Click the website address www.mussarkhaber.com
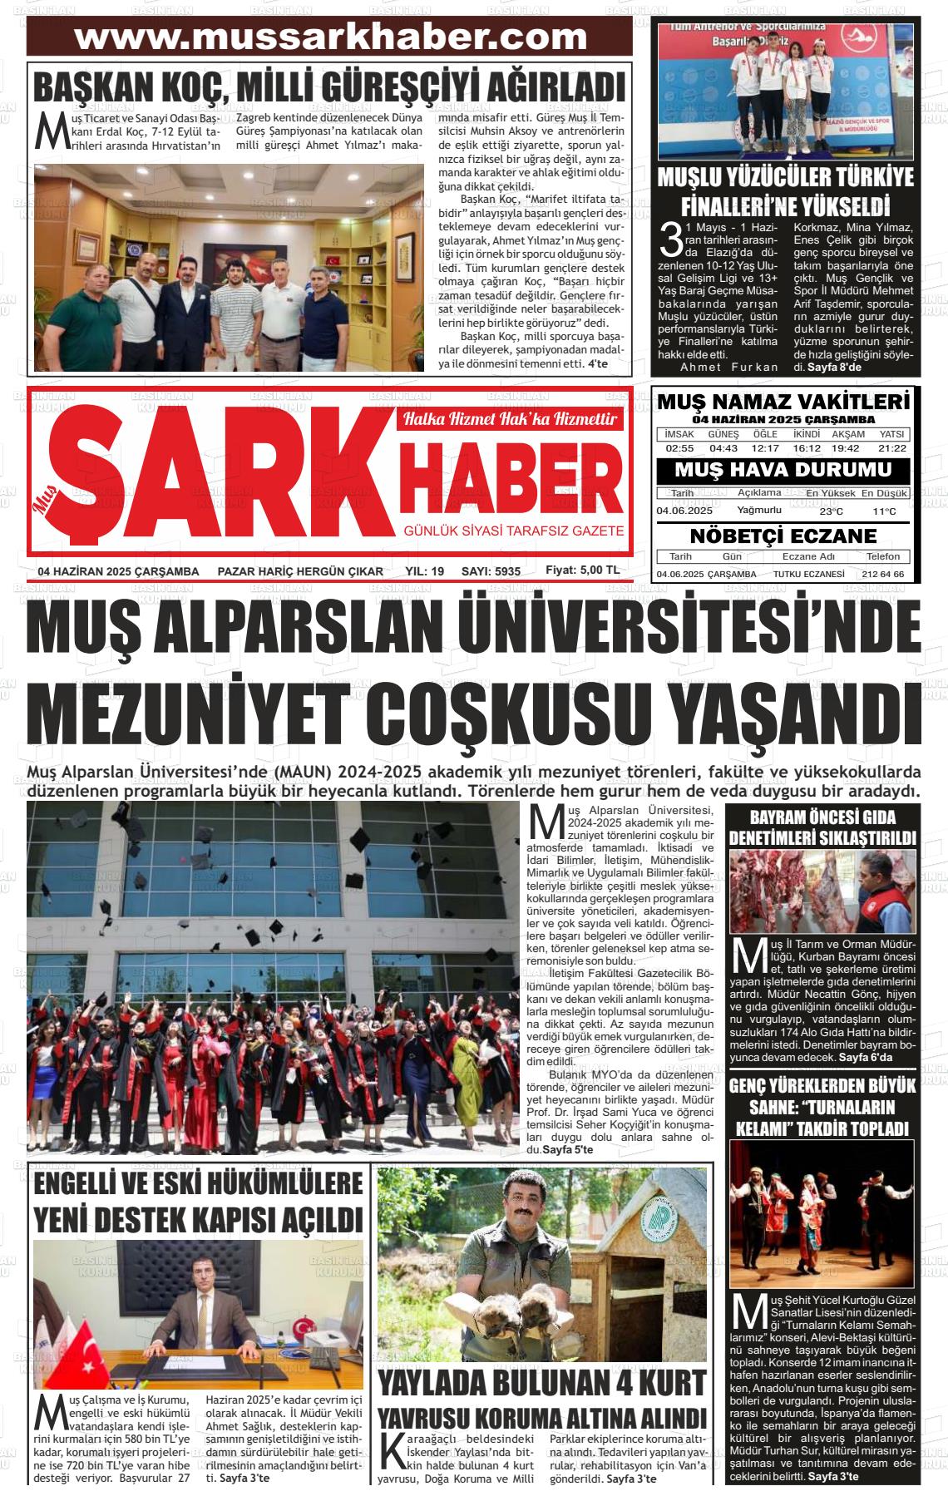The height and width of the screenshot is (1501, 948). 330,37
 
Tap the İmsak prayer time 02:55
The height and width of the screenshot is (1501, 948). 679,448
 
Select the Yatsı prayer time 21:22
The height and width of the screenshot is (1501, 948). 892,448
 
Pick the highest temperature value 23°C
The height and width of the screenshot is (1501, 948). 831,511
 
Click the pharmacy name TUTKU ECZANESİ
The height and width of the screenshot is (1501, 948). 808,575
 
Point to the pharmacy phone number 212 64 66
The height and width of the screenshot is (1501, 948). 883,575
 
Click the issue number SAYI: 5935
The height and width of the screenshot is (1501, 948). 491,571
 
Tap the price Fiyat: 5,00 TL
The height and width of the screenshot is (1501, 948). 582,570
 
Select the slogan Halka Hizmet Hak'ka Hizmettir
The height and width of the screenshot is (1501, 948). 510,419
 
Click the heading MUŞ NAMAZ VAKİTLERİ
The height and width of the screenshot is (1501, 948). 784,402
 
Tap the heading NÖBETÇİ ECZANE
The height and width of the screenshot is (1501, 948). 783,536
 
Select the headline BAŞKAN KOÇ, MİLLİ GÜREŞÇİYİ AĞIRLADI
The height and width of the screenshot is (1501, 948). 329,87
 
